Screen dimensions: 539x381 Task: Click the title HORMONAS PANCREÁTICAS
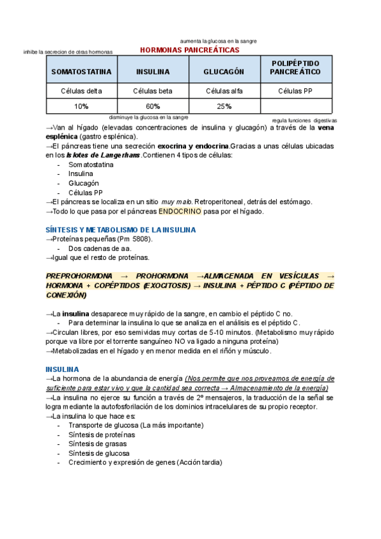click(189, 49)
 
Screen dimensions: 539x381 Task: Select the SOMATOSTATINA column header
click(81, 72)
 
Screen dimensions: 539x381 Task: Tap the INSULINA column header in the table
click(152, 72)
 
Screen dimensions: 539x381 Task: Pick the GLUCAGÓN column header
click(224, 72)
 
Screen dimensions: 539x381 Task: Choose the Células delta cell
click(81, 91)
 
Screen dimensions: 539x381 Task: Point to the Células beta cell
click(152, 91)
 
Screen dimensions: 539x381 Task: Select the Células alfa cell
click(224, 91)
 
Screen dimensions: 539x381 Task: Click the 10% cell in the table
click(81, 106)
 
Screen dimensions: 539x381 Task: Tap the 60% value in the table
click(152, 106)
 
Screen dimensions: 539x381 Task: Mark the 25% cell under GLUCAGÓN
click(224, 106)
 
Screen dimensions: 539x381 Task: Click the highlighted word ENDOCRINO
click(180, 211)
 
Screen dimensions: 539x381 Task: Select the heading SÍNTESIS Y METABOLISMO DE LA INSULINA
click(121, 229)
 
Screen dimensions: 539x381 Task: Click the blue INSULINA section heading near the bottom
click(62, 369)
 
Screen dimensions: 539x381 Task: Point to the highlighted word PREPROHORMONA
click(79, 276)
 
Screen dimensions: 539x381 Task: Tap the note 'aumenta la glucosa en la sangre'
click(218, 41)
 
